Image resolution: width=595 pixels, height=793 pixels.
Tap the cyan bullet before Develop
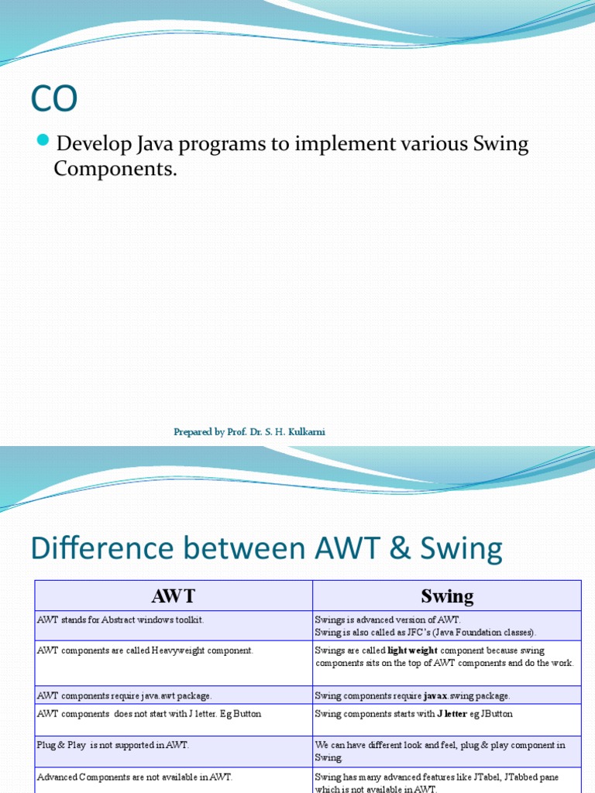pos(43,141)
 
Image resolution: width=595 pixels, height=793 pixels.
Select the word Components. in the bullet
pos(115,169)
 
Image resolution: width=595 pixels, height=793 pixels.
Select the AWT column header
pos(174,596)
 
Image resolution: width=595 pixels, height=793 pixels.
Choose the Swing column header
pos(447,596)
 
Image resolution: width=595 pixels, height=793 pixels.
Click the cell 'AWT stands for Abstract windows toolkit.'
pos(120,620)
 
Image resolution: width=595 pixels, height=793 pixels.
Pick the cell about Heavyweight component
pos(145,651)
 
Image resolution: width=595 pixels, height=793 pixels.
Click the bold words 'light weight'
pos(412,651)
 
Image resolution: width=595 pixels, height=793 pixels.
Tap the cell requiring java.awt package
pos(124,695)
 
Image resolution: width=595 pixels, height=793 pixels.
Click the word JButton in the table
pos(497,713)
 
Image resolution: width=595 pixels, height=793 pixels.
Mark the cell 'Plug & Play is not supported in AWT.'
pos(112,745)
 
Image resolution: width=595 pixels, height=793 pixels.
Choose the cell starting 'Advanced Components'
pos(134,777)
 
